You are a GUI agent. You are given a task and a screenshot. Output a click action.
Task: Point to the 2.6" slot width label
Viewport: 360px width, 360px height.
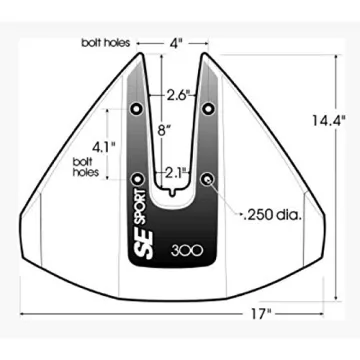point(179,96)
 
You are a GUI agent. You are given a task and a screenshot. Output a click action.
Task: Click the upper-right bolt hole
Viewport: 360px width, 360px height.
point(209,106)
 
